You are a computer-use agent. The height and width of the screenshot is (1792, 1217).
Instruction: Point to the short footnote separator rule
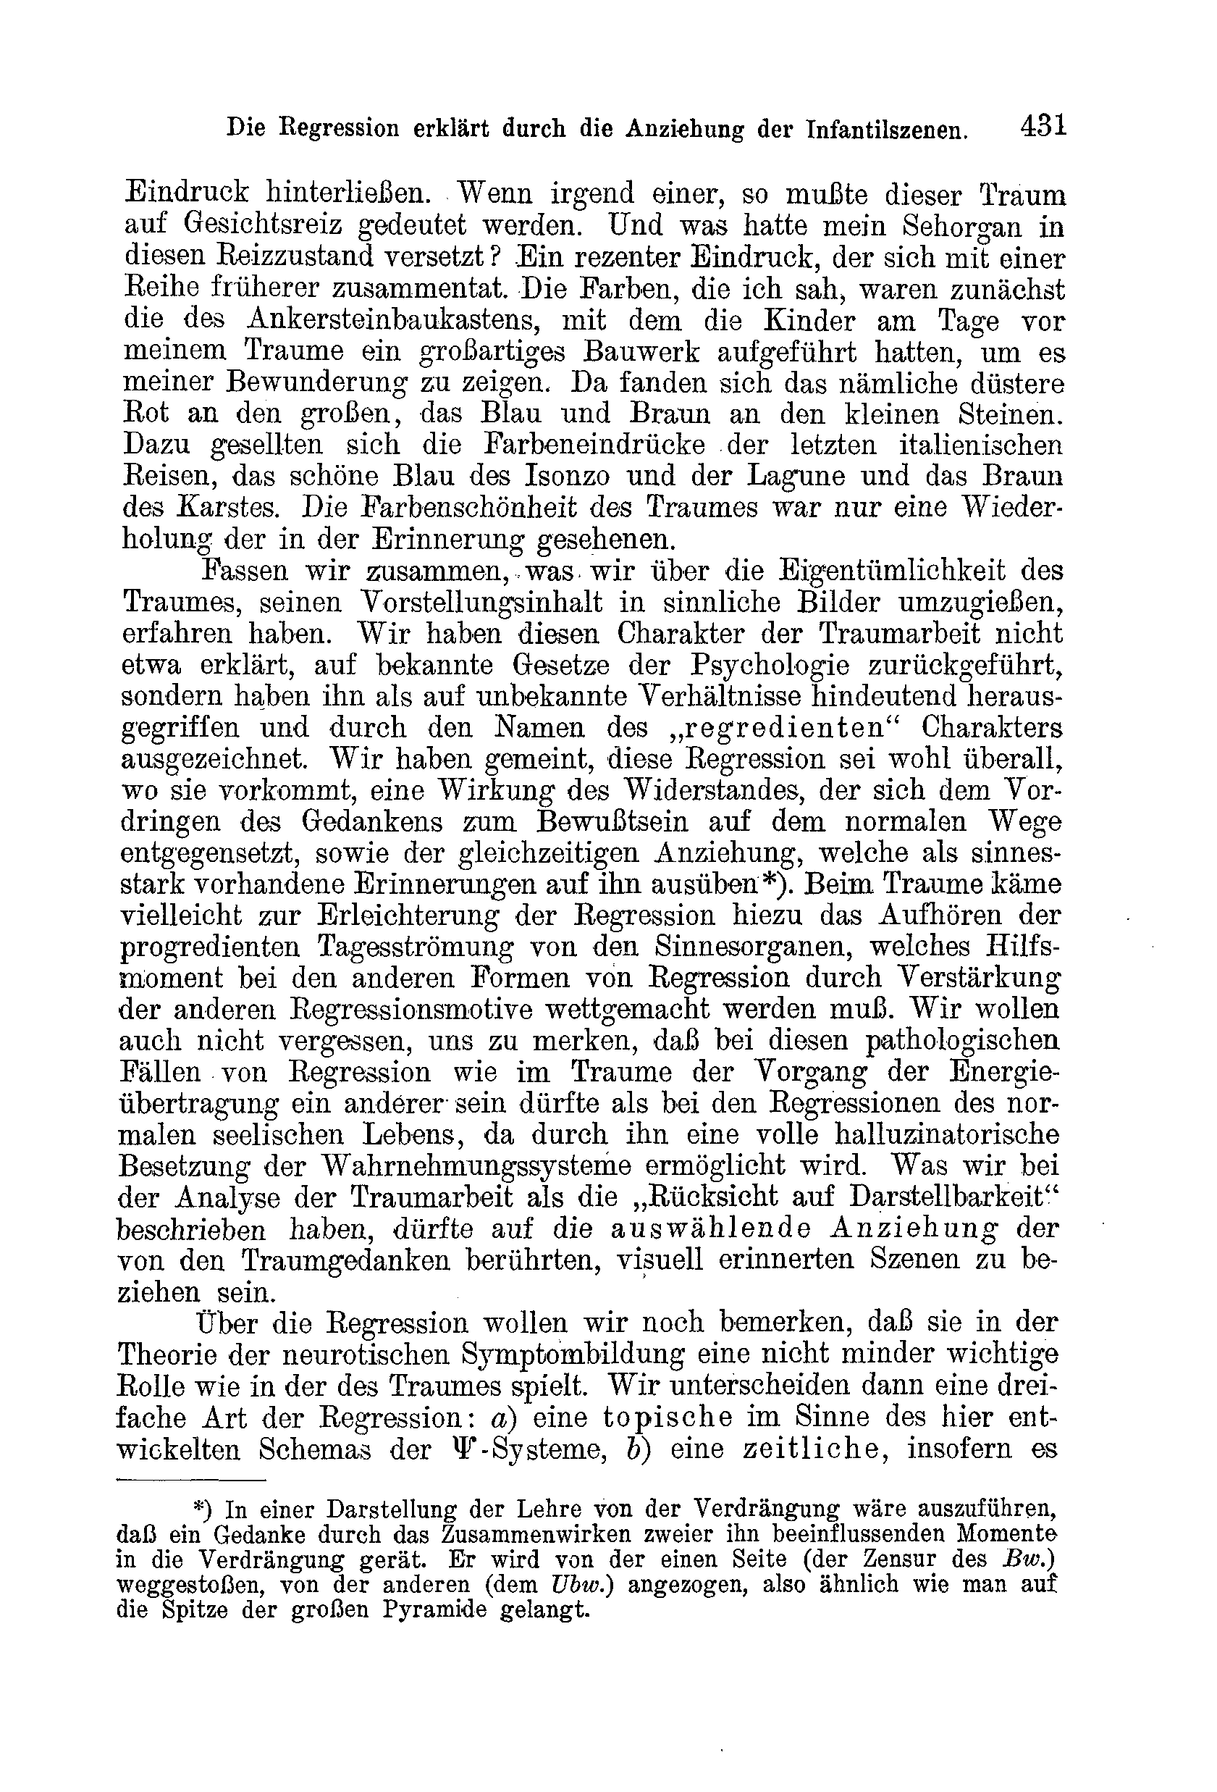pos(191,1481)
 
